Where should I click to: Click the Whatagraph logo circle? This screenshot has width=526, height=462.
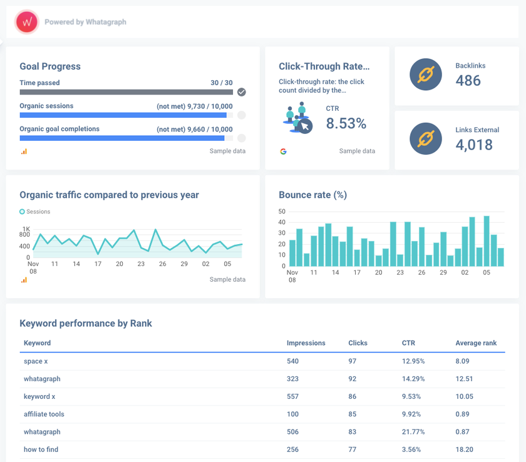tap(27, 22)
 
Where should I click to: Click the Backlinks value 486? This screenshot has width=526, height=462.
tap(468, 80)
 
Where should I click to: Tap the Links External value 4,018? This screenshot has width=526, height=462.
tap(474, 145)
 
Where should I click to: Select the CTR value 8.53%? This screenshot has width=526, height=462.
tap(346, 123)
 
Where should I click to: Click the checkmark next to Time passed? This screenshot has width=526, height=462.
tap(242, 92)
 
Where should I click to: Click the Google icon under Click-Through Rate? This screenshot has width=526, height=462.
tap(283, 151)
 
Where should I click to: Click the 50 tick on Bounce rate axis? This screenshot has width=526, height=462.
tap(282, 212)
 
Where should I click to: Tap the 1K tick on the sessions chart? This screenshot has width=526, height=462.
tap(26, 228)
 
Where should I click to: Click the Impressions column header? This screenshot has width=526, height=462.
tap(306, 343)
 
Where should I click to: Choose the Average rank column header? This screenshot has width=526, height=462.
tap(476, 343)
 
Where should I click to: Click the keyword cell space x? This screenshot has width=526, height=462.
tap(33, 361)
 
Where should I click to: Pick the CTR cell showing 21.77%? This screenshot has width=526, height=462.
tap(413, 432)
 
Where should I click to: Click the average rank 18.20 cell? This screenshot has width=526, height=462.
tap(465, 449)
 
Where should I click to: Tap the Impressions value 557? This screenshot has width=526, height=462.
tap(292, 396)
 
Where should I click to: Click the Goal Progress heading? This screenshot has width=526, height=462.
tap(50, 66)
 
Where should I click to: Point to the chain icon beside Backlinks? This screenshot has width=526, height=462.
tap(426, 75)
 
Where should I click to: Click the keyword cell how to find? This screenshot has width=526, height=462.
tap(41, 449)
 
